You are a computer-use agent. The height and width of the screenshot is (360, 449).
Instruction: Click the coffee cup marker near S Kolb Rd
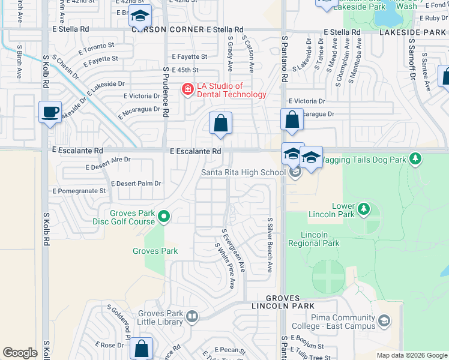point(50,112)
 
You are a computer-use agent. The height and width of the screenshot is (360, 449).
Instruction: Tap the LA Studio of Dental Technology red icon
point(188,90)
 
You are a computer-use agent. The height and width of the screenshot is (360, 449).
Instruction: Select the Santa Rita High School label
point(243,173)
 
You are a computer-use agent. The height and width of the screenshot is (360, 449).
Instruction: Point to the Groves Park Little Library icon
point(192,316)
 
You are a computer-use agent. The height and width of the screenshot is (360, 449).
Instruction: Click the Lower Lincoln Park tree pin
point(363,208)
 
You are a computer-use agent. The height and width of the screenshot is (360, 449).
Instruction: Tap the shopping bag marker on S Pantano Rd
point(292,119)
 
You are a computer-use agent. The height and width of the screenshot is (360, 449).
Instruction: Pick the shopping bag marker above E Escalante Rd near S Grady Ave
point(220,123)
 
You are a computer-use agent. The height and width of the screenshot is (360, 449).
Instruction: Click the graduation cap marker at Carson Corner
point(140,17)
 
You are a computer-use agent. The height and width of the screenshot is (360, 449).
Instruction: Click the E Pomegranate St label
point(79,191)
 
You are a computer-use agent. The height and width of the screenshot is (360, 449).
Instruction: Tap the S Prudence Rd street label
point(166,91)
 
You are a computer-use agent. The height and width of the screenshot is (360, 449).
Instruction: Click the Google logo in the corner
point(20,353)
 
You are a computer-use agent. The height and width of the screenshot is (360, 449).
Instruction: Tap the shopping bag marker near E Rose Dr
point(141,349)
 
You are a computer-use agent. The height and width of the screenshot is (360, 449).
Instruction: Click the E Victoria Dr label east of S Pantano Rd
point(306,101)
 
